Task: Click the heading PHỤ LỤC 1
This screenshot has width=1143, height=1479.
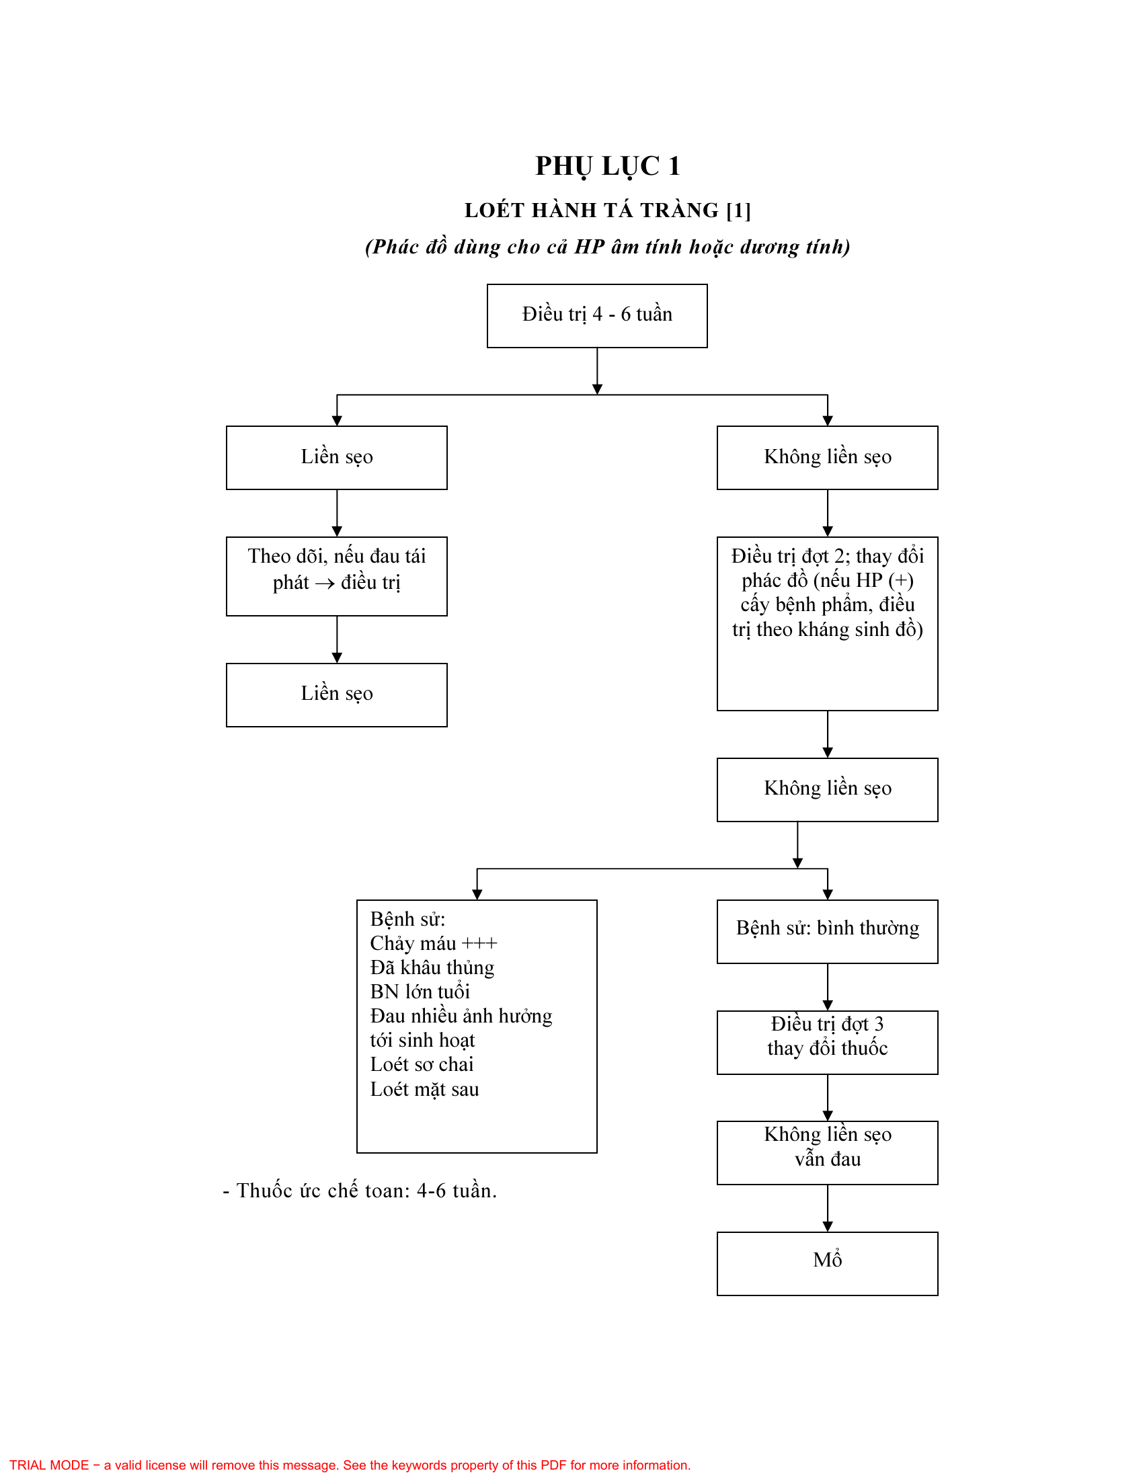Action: click(x=607, y=167)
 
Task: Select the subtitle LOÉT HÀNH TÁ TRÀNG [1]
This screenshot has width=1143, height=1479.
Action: click(x=607, y=210)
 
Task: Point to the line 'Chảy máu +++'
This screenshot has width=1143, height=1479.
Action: click(x=434, y=943)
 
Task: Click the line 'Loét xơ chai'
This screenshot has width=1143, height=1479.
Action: click(x=422, y=1065)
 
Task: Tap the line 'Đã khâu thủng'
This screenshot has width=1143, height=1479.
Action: click(x=432, y=967)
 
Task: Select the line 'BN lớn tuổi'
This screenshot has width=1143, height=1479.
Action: click(x=420, y=992)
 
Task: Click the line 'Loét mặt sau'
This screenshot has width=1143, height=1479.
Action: click(x=424, y=1089)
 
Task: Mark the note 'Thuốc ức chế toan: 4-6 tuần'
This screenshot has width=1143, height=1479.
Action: click(x=360, y=1191)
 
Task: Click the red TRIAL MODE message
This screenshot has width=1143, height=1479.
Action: click(x=350, y=1465)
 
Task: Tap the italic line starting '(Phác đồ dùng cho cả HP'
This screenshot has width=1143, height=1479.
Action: click(x=607, y=247)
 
